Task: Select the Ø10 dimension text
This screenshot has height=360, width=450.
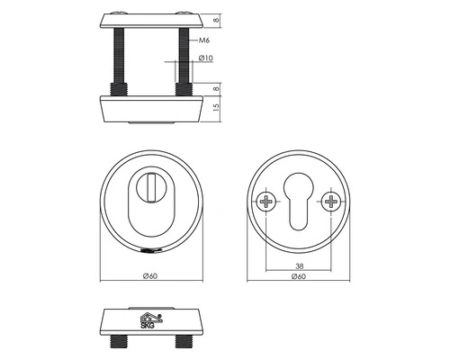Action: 205,58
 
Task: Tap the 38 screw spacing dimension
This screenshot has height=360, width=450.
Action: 299,266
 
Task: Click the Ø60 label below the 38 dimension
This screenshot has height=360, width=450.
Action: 299,277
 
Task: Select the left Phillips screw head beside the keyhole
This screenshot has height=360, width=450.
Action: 265,202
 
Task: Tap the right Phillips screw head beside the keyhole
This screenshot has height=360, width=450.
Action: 333,202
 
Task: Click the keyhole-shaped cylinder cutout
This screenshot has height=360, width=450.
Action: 299,202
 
